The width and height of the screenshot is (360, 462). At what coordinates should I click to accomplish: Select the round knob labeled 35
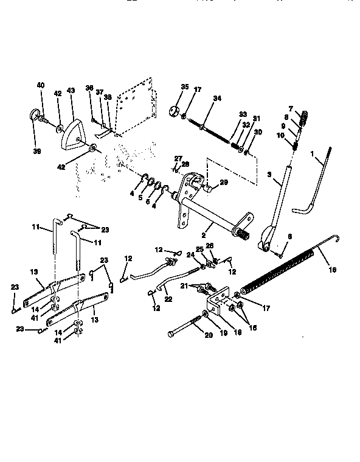(x=173, y=112)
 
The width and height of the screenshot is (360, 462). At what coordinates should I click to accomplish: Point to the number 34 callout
(x=218, y=99)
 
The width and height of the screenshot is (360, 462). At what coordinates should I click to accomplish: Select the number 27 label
(x=178, y=158)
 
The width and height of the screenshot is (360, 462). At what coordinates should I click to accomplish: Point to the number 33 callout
(x=243, y=114)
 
